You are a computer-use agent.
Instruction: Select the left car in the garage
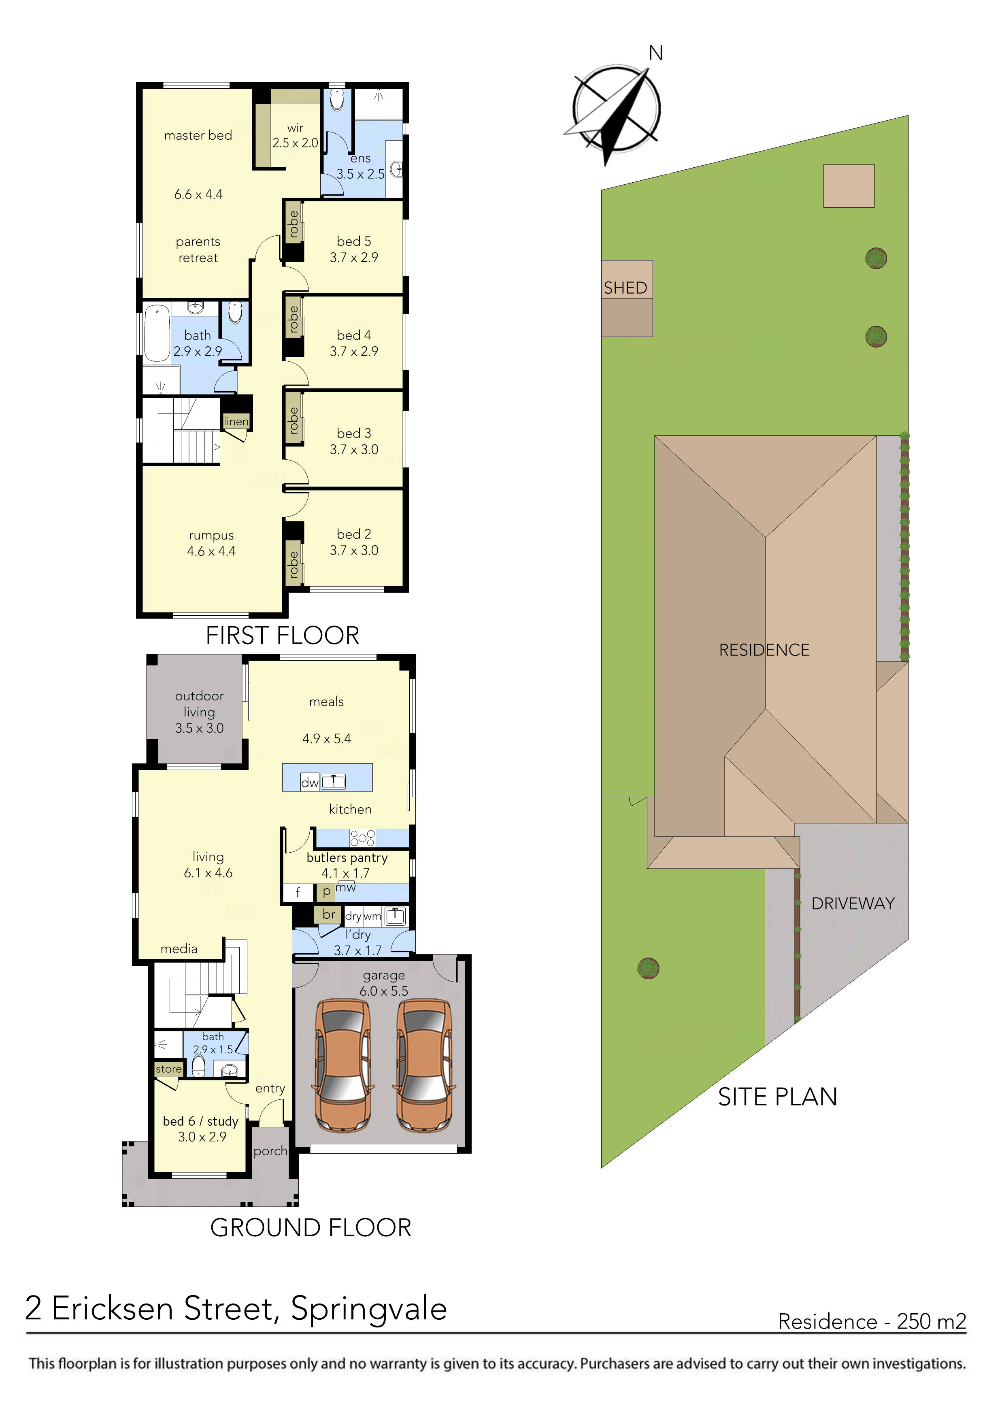click(x=344, y=1066)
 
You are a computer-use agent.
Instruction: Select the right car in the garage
click(x=424, y=1066)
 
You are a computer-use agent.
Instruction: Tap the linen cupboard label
click(x=236, y=421)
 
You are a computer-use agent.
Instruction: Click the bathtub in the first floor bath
click(x=157, y=333)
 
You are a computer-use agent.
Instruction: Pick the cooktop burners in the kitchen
click(x=362, y=838)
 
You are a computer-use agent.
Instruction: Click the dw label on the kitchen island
click(x=309, y=782)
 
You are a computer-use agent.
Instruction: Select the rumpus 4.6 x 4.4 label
click(x=211, y=543)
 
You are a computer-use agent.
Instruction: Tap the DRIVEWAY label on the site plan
click(x=853, y=904)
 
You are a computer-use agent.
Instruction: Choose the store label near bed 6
click(x=168, y=1069)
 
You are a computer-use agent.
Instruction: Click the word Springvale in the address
click(x=369, y=1308)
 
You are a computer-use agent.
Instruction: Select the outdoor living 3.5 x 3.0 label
click(x=199, y=712)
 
